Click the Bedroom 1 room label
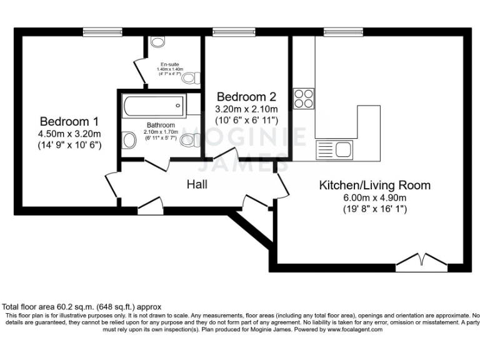69,121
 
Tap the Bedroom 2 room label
246,97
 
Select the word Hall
197,184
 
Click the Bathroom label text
161,124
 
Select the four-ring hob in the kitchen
304,98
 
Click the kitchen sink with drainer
335,149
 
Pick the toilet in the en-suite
194,77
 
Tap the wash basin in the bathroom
129,140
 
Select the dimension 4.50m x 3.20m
69,132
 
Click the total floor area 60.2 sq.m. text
82,307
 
